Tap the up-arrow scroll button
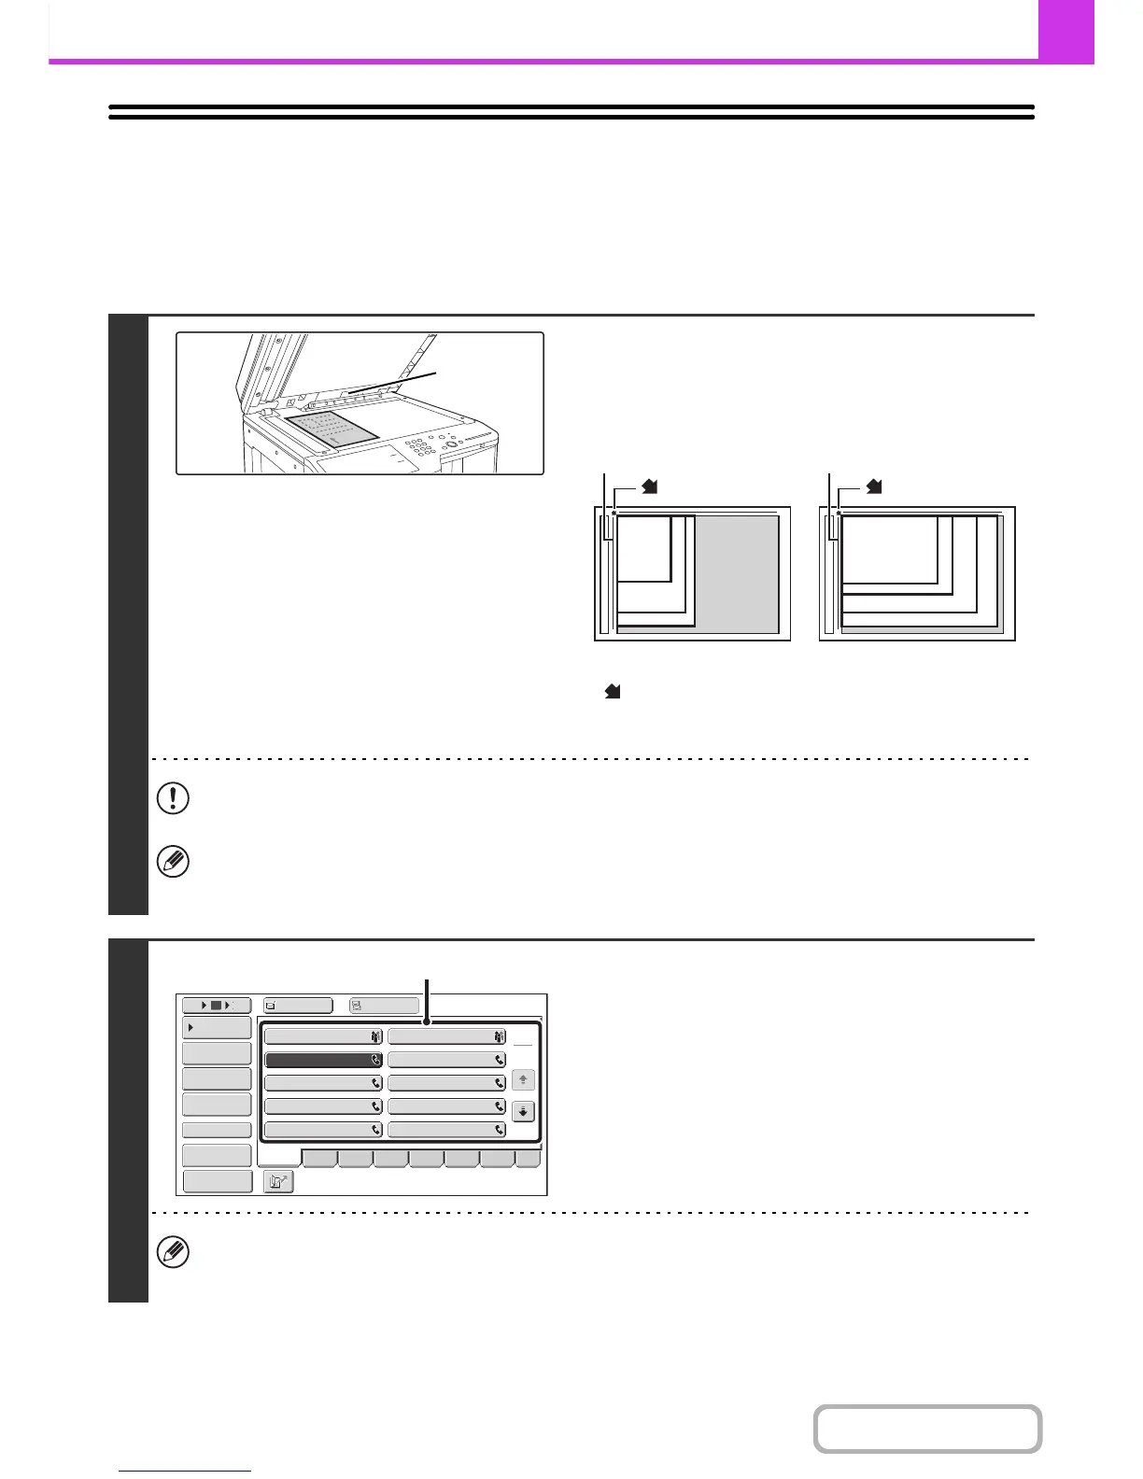tap(523, 1080)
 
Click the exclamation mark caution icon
tap(174, 799)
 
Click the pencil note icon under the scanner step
tap(174, 862)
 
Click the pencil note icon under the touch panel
tap(174, 1252)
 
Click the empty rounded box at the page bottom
tap(927, 1429)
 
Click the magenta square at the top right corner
tap(1065, 31)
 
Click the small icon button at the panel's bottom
tap(279, 1181)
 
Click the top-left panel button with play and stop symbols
tap(216, 1006)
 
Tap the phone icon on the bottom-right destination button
tap(500, 1130)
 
